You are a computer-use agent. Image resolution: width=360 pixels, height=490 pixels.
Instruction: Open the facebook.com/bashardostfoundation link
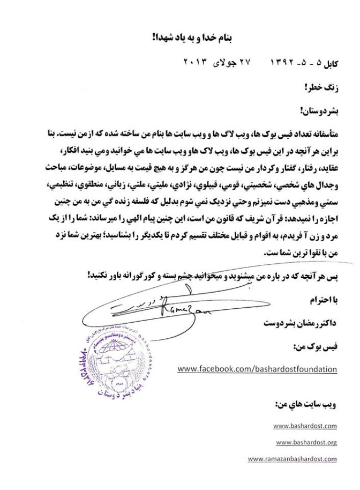pos(257,369)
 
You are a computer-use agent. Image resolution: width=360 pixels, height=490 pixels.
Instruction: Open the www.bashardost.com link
pos(304,426)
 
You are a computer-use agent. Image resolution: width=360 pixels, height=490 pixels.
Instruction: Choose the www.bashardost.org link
pos(306,442)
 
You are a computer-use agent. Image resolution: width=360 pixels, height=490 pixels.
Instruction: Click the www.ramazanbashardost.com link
pos(292,459)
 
